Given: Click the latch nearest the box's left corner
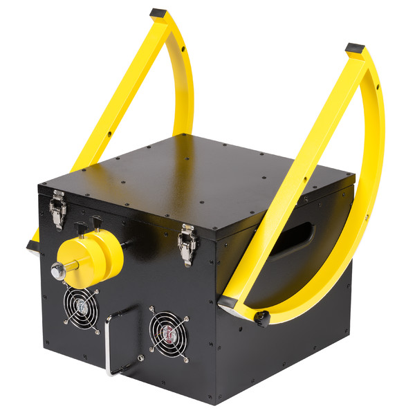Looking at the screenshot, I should point(57,208).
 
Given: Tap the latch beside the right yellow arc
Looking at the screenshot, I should point(185,243).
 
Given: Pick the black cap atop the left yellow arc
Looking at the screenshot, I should point(158,13).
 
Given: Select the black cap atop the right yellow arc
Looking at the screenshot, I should point(354,50).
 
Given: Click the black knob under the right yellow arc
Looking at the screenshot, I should point(262,317).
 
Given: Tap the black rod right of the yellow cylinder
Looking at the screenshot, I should point(129,245).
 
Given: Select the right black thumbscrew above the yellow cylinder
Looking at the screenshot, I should point(98,223).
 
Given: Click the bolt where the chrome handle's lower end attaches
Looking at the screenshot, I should point(140,358).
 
